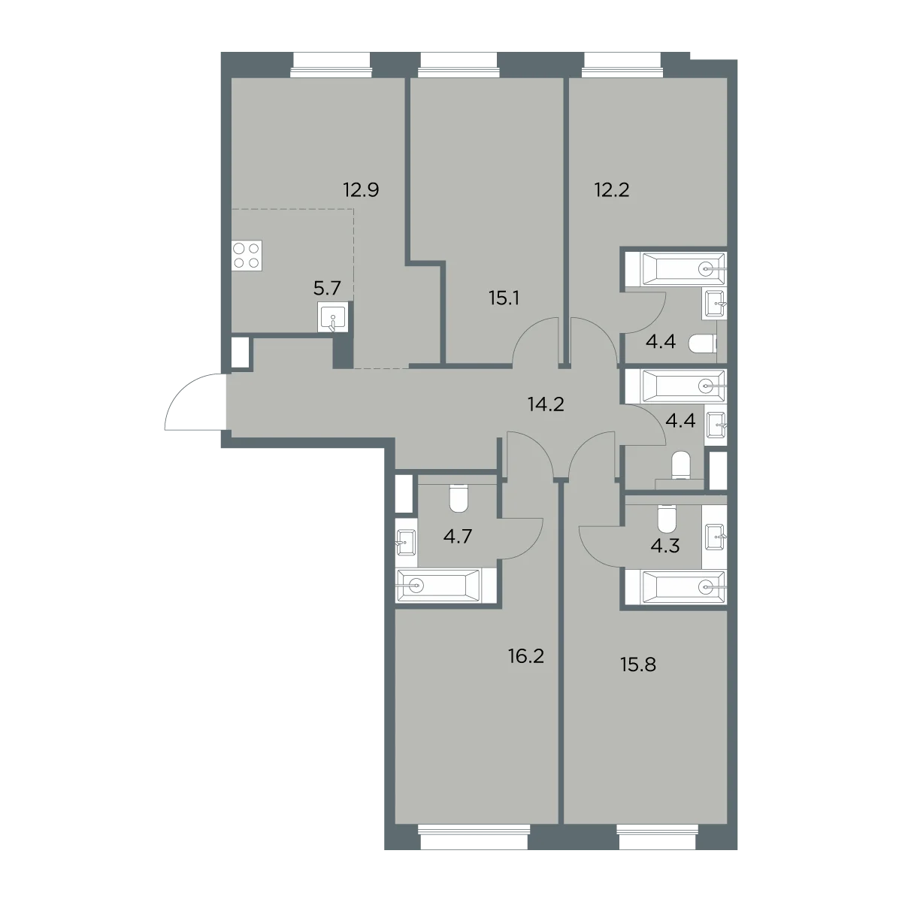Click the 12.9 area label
[361, 190]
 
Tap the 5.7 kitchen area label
[327, 289]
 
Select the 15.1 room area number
[504, 298]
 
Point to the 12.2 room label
[612, 190]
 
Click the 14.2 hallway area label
[546, 404]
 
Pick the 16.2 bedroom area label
[526, 656]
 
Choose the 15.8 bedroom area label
[638, 664]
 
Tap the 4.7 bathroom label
[457, 537]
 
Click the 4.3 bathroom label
[664, 546]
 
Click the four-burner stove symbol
[247, 256]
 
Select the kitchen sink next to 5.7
[333, 317]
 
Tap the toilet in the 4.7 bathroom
[459, 498]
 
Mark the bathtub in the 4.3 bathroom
[676, 586]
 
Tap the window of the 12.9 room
[331, 65]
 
